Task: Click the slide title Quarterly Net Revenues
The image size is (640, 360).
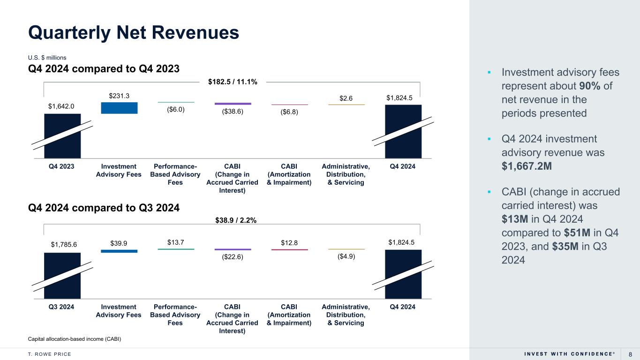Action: (x=134, y=32)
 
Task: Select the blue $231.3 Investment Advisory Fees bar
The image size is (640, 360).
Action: (x=119, y=108)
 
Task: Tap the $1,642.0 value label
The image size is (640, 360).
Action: (x=62, y=106)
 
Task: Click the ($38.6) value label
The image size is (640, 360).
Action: (x=233, y=112)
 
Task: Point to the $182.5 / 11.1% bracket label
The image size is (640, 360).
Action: (x=233, y=82)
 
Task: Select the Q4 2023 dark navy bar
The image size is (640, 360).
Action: (x=62, y=136)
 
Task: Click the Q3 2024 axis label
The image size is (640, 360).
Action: (x=62, y=307)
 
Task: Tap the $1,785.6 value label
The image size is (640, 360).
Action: (x=64, y=244)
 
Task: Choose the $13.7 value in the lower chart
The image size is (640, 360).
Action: (x=175, y=242)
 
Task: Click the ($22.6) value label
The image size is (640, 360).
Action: (x=233, y=256)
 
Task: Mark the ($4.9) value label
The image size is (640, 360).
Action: (x=346, y=256)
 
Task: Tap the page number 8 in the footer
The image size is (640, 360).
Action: (x=631, y=354)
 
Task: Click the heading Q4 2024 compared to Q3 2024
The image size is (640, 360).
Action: (x=104, y=207)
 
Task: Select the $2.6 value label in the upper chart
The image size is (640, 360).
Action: (x=346, y=98)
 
